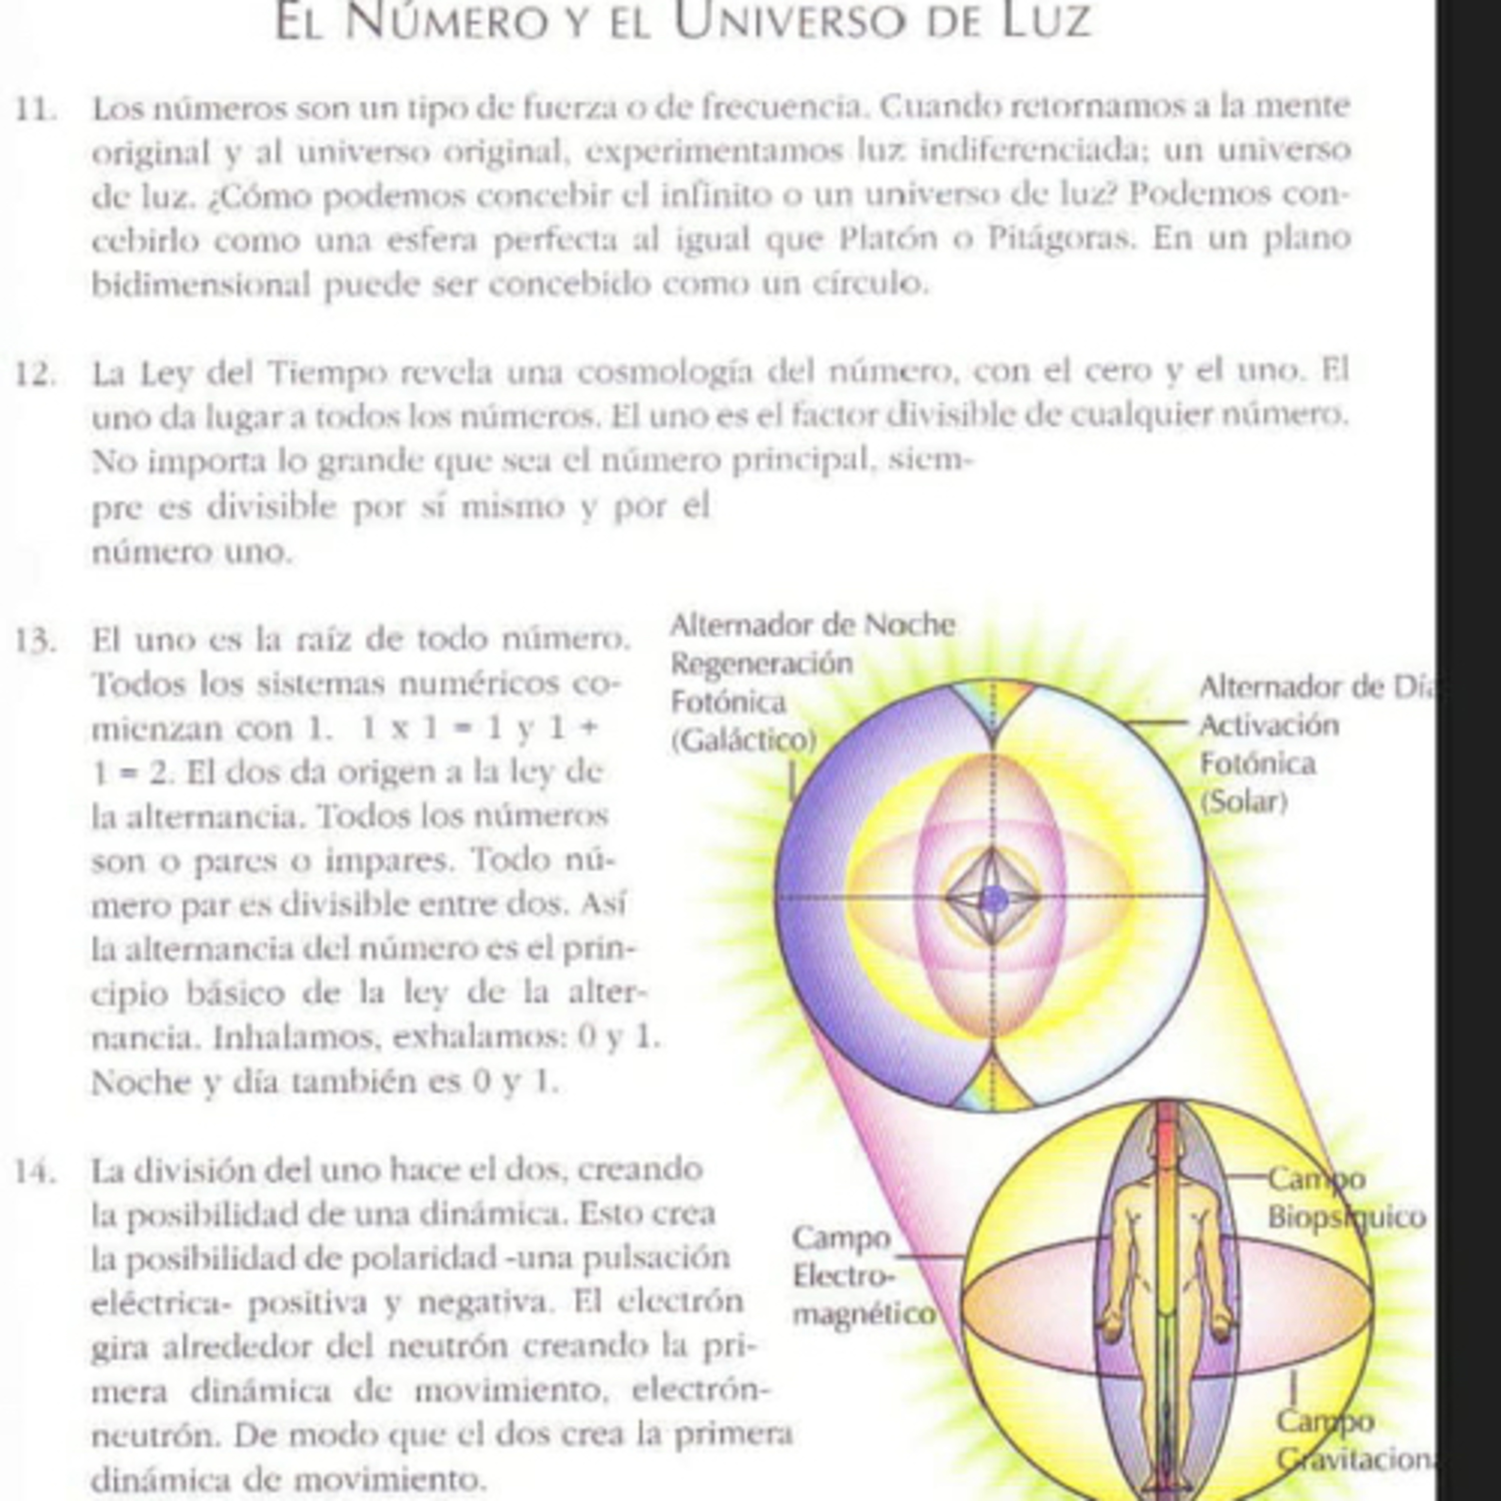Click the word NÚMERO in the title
point(446,21)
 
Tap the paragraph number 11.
point(36,109)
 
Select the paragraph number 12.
point(36,374)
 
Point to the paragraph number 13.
point(36,642)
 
